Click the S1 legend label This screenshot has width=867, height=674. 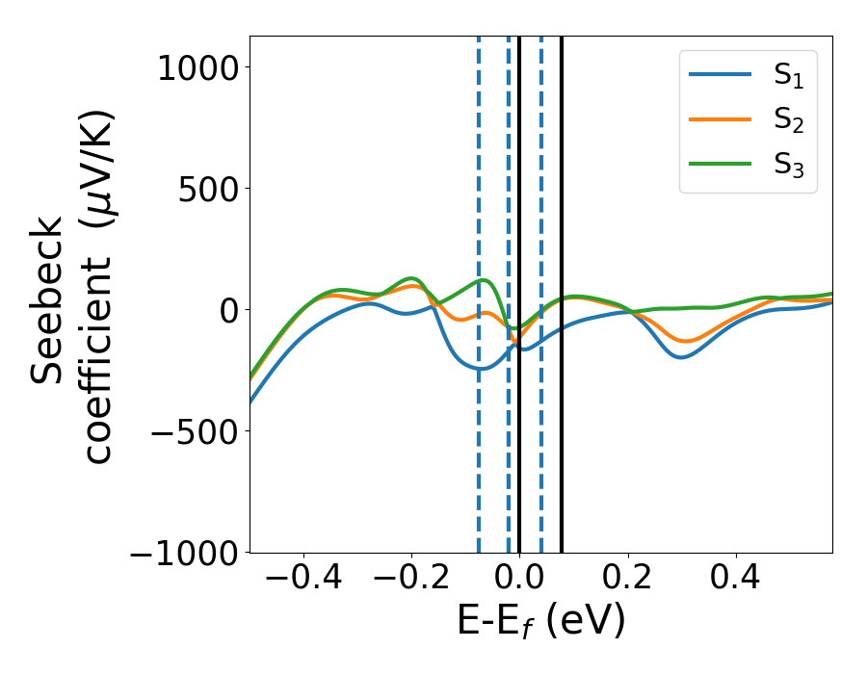tap(788, 77)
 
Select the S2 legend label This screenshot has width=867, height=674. tap(788, 120)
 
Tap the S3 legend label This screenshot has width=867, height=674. tap(788, 164)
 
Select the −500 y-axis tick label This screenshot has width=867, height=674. tap(195, 431)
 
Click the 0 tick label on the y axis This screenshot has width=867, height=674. tap(226, 310)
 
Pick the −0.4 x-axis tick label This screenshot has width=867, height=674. tap(303, 581)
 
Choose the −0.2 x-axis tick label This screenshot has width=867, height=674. tap(411, 581)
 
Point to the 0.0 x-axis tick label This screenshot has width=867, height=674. tap(519, 581)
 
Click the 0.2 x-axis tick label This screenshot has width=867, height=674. tap(628, 581)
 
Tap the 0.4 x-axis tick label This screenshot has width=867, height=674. tap(736, 581)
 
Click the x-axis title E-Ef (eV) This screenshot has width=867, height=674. tap(540, 621)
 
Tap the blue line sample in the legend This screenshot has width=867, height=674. tap(721, 75)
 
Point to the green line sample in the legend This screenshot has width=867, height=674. tap(721, 163)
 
